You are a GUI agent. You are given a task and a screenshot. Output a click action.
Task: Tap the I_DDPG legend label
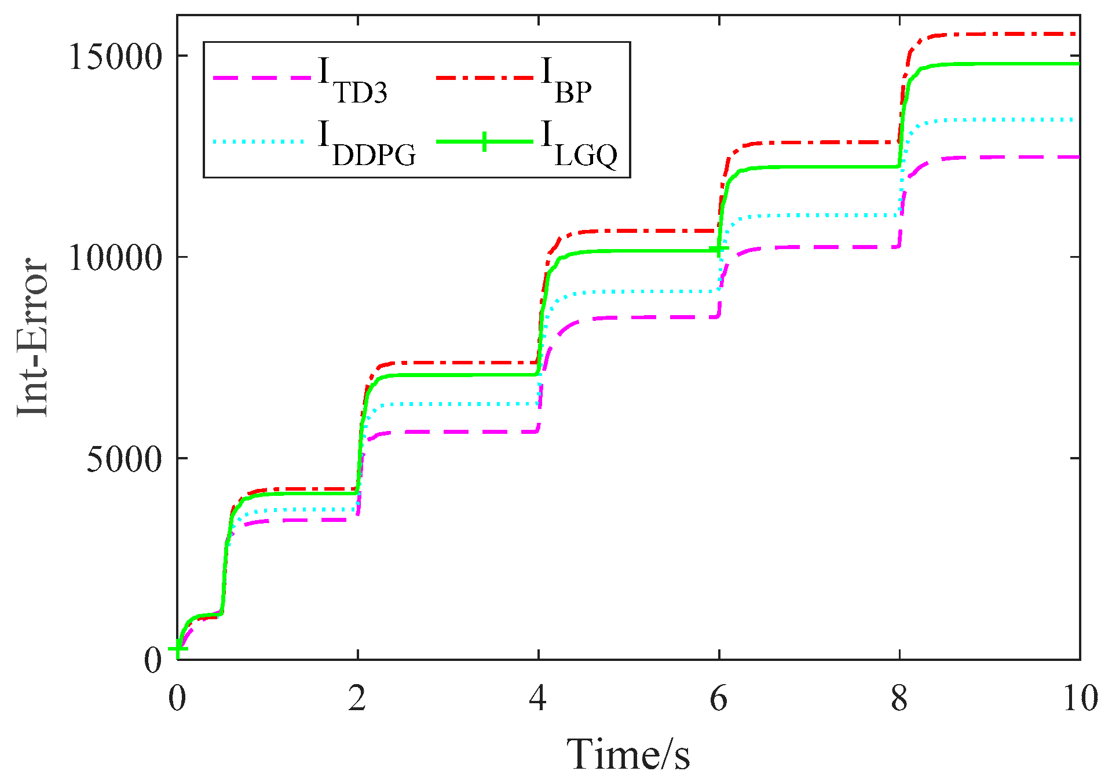(x=367, y=144)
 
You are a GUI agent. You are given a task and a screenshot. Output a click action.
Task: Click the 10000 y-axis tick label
(x=115, y=257)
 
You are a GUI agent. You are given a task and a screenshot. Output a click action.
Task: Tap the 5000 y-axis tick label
(x=123, y=459)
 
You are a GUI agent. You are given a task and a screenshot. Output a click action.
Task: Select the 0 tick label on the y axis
(x=153, y=660)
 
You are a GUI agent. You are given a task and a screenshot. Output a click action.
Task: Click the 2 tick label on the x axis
(x=357, y=699)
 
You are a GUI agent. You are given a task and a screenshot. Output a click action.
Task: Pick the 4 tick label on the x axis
(x=538, y=699)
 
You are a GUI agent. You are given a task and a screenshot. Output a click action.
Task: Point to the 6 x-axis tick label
(x=719, y=699)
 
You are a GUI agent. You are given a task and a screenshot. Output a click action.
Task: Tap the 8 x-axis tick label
(x=899, y=699)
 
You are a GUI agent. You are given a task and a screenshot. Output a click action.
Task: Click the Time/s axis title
(x=628, y=755)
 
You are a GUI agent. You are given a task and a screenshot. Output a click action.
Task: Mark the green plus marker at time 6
(x=719, y=250)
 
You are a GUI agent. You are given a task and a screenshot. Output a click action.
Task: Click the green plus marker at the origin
(x=178, y=649)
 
